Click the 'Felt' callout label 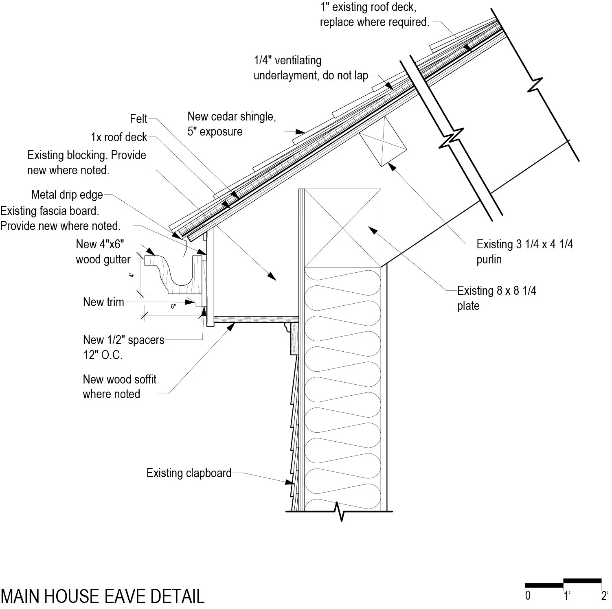pyautogui.click(x=138, y=119)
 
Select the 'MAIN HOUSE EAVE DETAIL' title pyautogui.click(x=102, y=596)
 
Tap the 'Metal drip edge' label pyautogui.click(x=67, y=195)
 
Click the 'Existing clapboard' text pyautogui.click(x=189, y=473)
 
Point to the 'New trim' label pyautogui.click(x=103, y=302)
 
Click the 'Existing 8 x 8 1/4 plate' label pyautogui.click(x=496, y=298)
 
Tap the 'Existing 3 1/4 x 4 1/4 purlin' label pyautogui.click(x=524, y=252)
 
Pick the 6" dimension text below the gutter pyautogui.click(x=173, y=307)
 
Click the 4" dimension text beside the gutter pyautogui.click(x=132, y=275)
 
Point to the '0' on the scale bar pyautogui.click(x=528, y=596)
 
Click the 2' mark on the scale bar pyautogui.click(x=604, y=596)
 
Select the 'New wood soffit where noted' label pyautogui.click(x=119, y=387)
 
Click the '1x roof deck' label pyautogui.click(x=119, y=137)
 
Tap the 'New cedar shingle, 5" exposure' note pyautogui.click(x=231, y=124)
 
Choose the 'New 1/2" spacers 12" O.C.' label pyautogui.click(x=123, y=347)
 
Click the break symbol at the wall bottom pyautogui.click(x=341, y=511)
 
